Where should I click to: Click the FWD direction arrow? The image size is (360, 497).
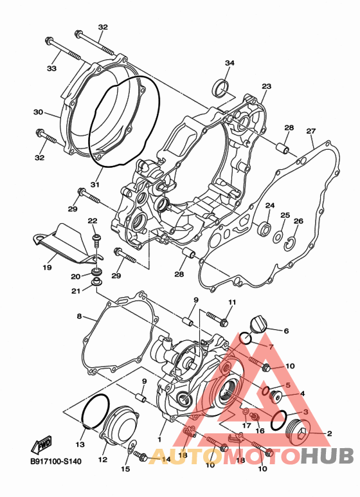(x=41, y=446)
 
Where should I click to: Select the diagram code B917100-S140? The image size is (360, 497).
(x=56, y=461)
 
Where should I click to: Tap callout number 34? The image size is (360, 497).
(x=230, y=63)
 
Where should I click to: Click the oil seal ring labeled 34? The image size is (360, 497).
(x=220, y=87)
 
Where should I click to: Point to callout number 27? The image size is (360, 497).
(x=311, y=131)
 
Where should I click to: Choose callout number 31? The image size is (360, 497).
(x=95, y=184)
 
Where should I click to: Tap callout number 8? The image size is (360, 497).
(x=79, y=316)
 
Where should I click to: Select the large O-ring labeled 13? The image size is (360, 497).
(x=95, y=411)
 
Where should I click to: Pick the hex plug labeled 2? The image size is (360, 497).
(x=298, y=432)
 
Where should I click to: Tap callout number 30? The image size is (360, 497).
(x=38, y=113)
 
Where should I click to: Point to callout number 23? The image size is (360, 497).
(x=267, y=86)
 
